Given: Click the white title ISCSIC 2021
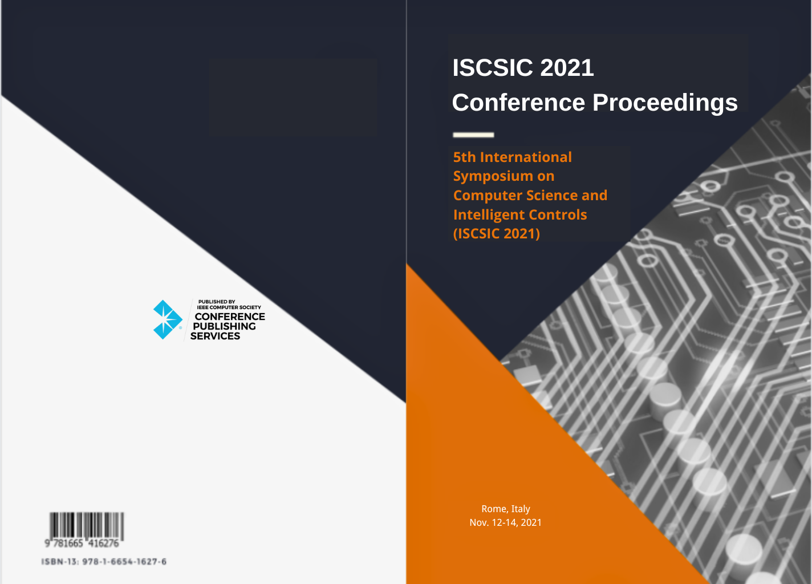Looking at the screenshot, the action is pyautogui.click(x=523, y=68).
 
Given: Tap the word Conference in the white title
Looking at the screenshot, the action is pyautogui.click(x=518, y=102).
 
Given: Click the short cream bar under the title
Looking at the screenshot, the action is pyautogui.click(x=473, y=135).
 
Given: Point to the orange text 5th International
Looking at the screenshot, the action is pyautogui.click(x=512, y=157).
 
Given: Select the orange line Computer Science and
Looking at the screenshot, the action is pyautogui.click(x=530, y=196).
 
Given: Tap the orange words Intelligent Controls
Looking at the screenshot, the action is pyautogui.click(x=520, y=215).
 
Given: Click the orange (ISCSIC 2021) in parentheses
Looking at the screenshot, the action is pyautogui.click(x=496, y=234).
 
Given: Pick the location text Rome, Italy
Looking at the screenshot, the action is pyautogui.click(x=505, y=509).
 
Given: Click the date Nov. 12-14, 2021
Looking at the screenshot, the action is pyautogui.click(x=505, y=522).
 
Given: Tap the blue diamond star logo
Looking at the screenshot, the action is pyautogui.click(x=167, y=319).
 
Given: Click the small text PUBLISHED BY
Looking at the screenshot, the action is pyautogui.click(x=217, y=302).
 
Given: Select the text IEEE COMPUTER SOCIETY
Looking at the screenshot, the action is pyautogui.click(x=229, y=307).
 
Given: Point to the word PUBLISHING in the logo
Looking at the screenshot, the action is pyautogui.click(x=224, y=326).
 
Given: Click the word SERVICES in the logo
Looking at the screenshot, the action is pyautogui.click(x=215, y=336).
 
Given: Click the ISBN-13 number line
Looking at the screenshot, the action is pyautogui.click(x=104, y=562).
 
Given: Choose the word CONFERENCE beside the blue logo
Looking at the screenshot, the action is pyautogui.click(x=230, y=317).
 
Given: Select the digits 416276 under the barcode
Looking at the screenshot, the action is pyautogui.click(x=104, y=544).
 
